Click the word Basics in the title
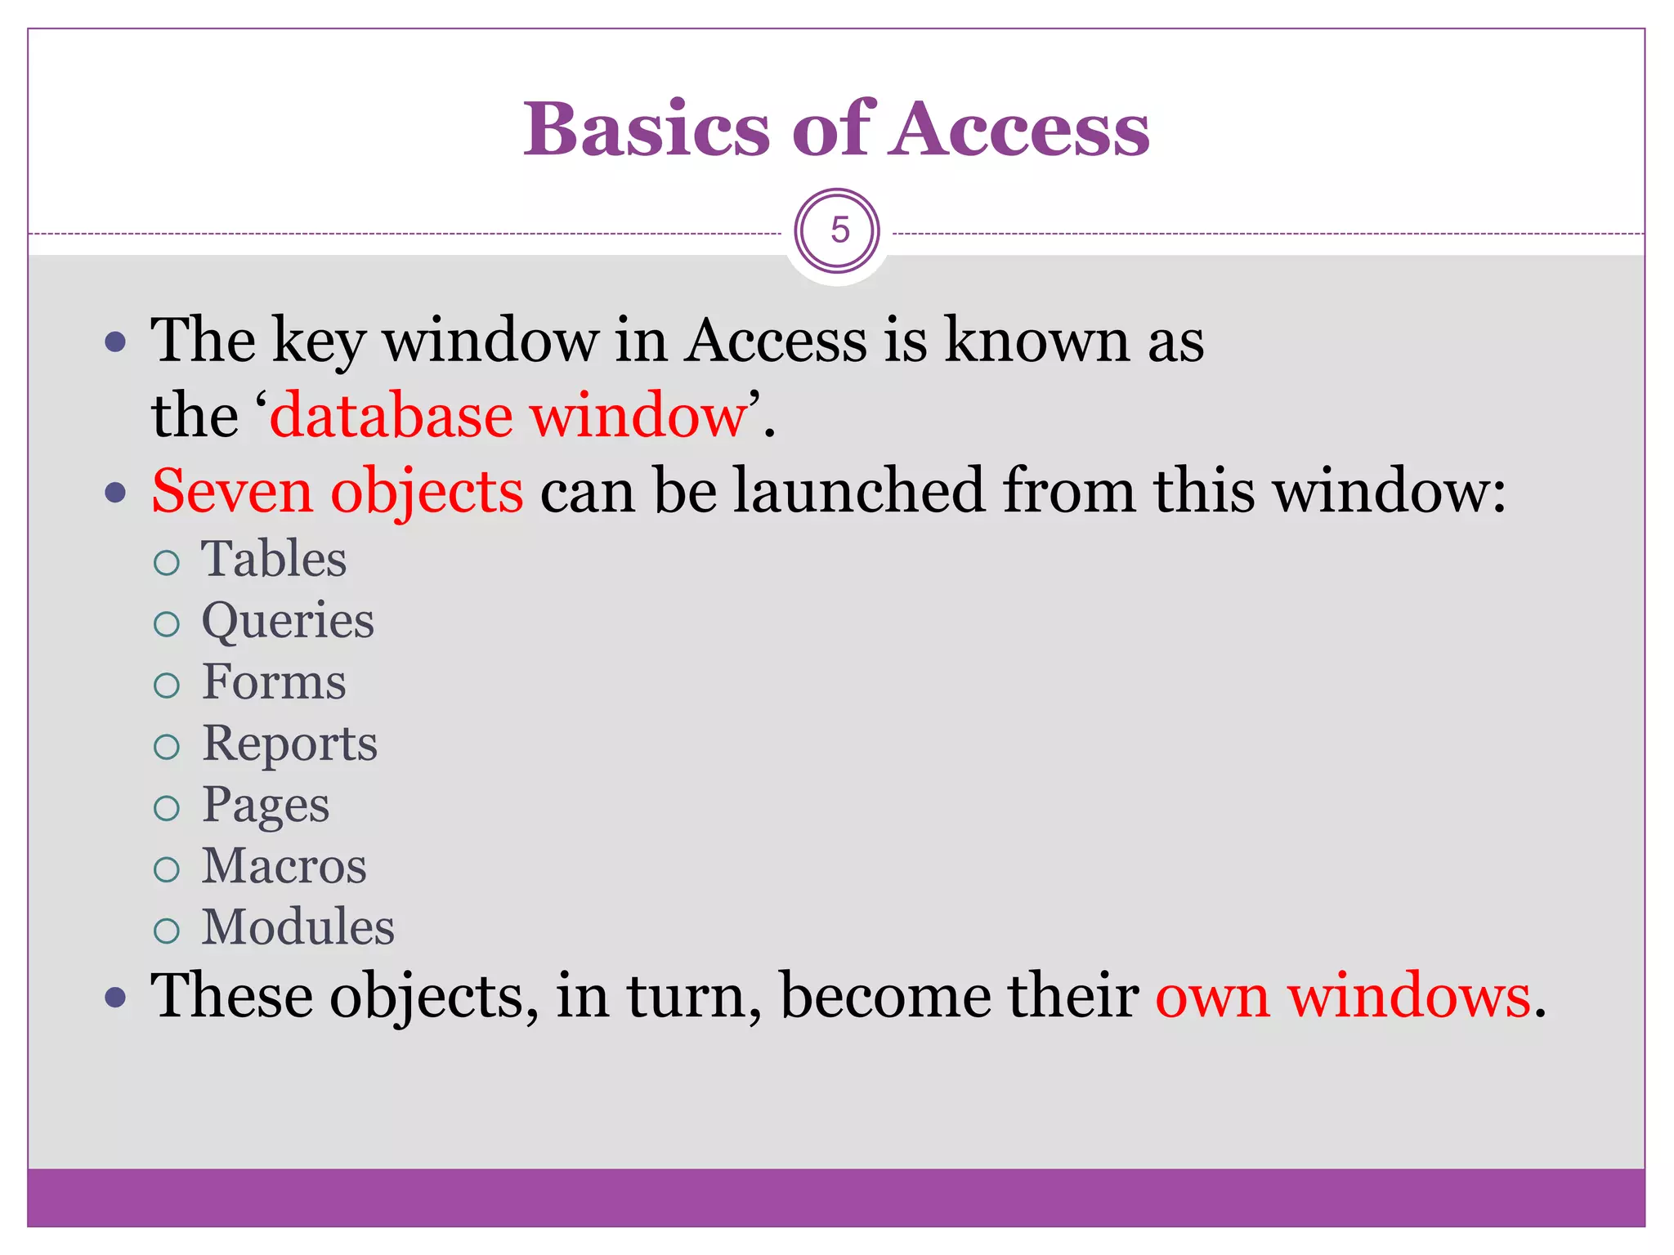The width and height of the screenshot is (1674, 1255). [x=646, y=129]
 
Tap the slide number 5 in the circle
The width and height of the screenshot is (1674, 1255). [x=839, y=230]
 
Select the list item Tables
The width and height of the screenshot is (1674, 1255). [x=274, y=560]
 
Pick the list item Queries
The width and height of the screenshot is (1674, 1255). [x=288, y=621]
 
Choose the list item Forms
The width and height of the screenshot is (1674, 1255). [x=274, y=682]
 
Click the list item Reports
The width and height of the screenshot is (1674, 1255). [x=289, y=744]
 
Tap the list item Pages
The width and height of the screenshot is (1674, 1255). [x=266, y=806]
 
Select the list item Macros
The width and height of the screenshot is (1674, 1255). [x=284, y=866]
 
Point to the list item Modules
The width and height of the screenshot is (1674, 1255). [x=298, y=927]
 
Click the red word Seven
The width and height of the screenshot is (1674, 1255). [x=232, y=491]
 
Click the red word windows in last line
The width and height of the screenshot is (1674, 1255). [x=1409, y=996]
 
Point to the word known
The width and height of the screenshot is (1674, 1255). [x=1036, y=340]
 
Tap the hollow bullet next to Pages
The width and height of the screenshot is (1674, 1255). [x=167, y=808]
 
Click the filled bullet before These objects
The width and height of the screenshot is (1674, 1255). [x=116, y=998]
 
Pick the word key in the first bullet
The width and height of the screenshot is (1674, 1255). [x=318, y=342]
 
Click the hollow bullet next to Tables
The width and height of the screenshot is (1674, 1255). [x=167, y=562]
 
